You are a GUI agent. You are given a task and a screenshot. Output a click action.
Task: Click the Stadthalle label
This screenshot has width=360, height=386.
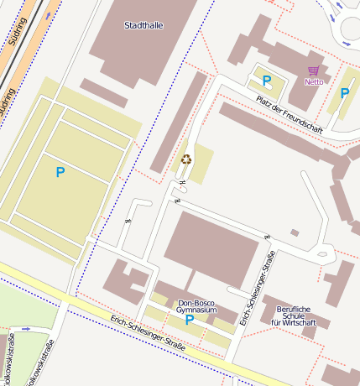[x=143, y=26]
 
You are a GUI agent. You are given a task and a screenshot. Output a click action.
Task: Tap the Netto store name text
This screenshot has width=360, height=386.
[x=314, y=81]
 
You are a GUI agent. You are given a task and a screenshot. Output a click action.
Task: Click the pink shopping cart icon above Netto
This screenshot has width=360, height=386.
[x=314, y=71]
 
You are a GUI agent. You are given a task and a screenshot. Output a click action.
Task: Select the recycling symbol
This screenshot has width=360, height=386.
[x=186, y=159]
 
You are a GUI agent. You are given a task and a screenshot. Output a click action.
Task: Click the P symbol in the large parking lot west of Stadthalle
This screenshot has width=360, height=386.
[x=60, y=172]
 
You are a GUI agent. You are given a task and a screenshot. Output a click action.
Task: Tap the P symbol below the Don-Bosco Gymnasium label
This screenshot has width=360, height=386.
[x=190, y=320]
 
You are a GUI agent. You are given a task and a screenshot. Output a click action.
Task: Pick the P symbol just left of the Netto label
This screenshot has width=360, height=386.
[x=267, y=81]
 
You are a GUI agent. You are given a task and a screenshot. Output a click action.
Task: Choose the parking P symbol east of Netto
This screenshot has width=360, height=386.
[x=344, y=93]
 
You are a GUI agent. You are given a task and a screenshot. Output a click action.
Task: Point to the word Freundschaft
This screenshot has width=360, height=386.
[x=300, y=118]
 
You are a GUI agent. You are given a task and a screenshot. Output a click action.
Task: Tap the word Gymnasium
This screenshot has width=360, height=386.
[x=196, y=310]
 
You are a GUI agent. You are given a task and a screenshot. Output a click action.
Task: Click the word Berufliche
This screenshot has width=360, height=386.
[x=294, y=308]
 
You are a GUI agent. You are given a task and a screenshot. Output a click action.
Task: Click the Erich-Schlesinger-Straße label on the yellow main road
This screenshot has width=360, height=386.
[x=147, y=332]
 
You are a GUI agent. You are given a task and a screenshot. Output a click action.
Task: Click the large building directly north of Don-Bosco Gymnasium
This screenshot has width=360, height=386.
[x=211, y=248]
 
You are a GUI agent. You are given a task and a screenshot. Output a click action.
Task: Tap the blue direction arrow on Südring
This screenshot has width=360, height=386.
[x=51, y=14]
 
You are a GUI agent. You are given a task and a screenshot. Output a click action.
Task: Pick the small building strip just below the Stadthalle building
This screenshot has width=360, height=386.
[x=103, y=93]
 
